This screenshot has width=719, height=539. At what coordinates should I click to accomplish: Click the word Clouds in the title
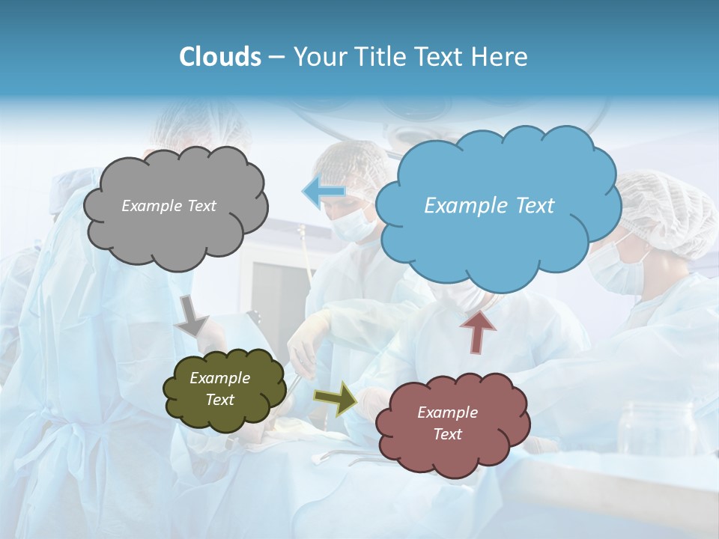219,57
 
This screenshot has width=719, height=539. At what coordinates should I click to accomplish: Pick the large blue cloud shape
497,240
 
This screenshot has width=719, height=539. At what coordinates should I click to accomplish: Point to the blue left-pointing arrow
324,192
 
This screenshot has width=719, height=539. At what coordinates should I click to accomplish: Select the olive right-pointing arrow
336,398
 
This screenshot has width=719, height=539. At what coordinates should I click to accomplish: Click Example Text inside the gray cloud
169,206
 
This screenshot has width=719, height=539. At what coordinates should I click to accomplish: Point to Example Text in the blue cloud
489,206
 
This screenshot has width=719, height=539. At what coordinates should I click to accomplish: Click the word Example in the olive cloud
219,378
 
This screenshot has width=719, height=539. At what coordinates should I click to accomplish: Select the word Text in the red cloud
447,434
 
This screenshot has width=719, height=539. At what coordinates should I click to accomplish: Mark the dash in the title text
276,58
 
